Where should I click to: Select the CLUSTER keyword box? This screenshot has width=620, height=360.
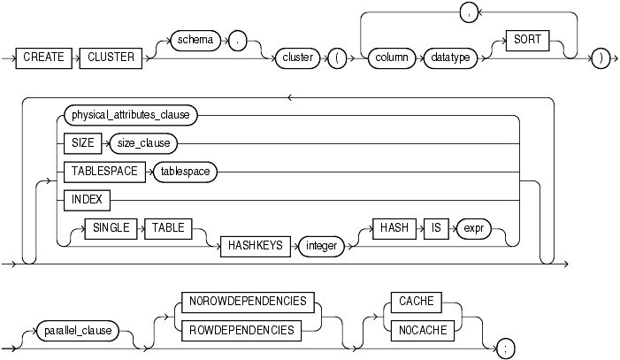tap(111, 57)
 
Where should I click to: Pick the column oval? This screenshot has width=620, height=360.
tap(392, 57)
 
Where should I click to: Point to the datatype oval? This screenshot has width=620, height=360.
tap(450, 57)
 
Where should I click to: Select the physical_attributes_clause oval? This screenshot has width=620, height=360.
tap(130, 114)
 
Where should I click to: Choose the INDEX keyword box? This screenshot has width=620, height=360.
tap(80, 201)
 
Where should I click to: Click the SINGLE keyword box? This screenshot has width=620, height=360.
tap(113, 228)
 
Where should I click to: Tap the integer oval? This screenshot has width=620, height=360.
tap(321, 246)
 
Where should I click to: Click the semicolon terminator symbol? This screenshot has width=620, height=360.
tap(504, 347)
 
